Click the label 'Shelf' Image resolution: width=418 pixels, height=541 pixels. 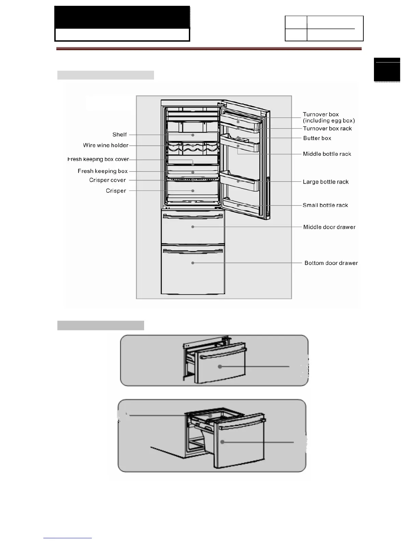pyautogui.click(x=120, y=135)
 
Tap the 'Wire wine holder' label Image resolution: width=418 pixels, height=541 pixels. pyautogui.click(x=106, y=145)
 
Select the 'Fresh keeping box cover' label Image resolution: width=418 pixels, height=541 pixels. pyautogui.click(x=98, y=159)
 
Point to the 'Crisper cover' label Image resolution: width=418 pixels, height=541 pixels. pyautogui.click(x=107, y=180)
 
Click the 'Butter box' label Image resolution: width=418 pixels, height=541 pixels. pyautogui.click(x=317, y=138)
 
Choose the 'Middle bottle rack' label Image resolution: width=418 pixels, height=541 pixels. pyautogui.click(x=327, y=154)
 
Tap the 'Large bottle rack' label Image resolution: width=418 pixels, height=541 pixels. pyautogui.click(x=325, y=182)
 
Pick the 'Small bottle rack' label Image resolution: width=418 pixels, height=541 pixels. pyautogui.click(x=325, y=205)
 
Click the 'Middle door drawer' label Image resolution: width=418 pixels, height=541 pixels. pyautogui.click(x=329, y=227)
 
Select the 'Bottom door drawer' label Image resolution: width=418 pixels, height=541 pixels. pyautogui.click(x=331, y=263)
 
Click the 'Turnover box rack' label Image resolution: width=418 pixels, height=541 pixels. pyautogui.click(x=327, y=128)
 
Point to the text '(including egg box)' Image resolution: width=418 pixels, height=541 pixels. pyautogui.click(x=329, y=121)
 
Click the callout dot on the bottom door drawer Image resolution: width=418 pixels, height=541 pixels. pyautogui.click(x=193, y=263)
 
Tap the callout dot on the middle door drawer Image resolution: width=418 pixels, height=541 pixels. pyautogui.click(x=193, y=227)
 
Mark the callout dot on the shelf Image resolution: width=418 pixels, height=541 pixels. pyautogui.click(x=193, y=135)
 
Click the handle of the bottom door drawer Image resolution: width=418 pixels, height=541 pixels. pyautogui.click(x=193, y=251)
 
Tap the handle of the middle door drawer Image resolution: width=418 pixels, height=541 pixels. pyautogui.click(x=193, y=216)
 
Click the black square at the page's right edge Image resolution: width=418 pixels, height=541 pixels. pyautogui.click(x=387, y=70)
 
